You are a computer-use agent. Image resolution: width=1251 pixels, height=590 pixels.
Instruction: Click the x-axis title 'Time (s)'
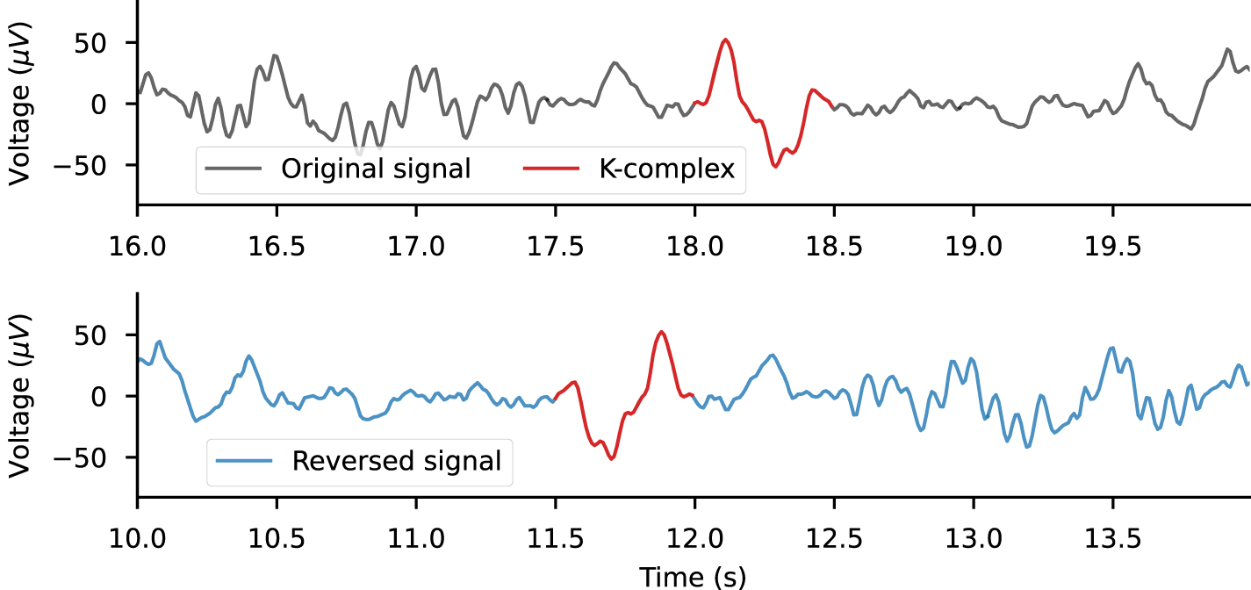(694, 577)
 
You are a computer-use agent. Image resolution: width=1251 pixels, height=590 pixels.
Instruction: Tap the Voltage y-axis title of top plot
(19, 103)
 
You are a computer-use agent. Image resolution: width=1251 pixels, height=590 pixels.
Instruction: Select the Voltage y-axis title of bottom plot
(19, 396)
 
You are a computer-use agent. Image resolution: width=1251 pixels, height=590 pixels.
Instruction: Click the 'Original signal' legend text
(376, 169)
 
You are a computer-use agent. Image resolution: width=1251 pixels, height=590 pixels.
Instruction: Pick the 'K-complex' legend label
(667, 169)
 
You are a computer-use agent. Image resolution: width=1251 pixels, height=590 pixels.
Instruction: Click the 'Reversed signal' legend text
(397, 460)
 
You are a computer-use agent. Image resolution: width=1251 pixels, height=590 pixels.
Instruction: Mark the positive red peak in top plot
(725, 40)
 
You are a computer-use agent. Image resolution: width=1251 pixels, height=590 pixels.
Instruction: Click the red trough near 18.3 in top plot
(774, 166)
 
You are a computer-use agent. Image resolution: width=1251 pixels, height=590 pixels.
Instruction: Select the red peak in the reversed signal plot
(661, 332)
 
